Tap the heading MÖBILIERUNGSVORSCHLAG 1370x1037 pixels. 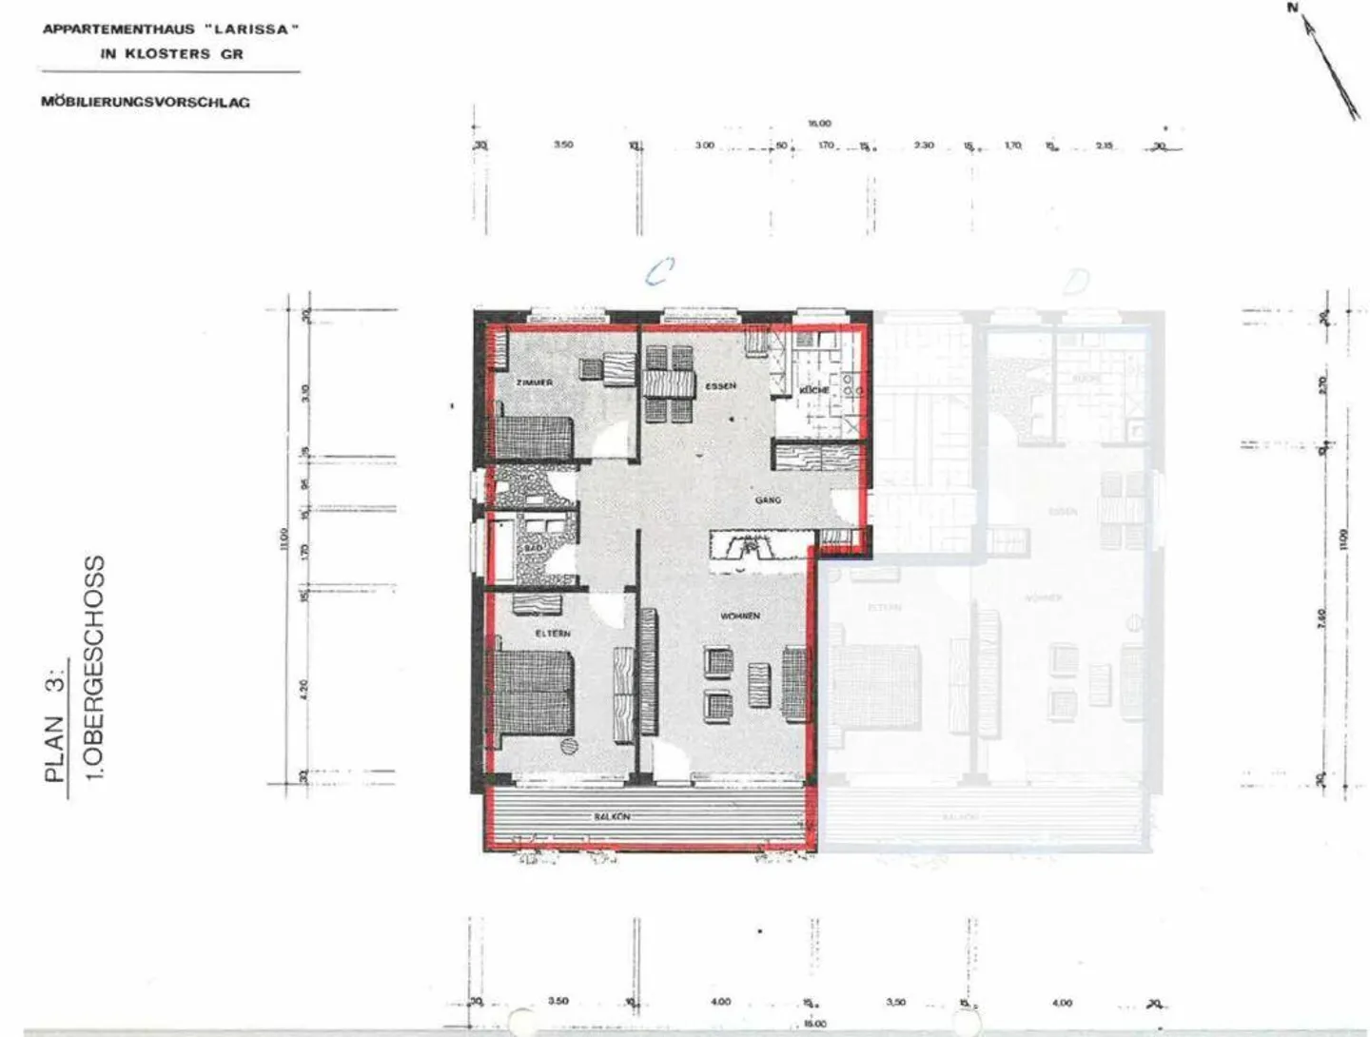146,102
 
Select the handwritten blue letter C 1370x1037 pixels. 657,273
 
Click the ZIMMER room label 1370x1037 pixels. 534,382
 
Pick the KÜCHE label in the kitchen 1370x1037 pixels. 814,390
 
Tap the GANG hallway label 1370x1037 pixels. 768,499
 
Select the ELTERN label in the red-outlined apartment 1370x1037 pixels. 553,633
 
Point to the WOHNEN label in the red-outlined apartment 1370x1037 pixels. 739,616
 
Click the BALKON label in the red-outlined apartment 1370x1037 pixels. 612,816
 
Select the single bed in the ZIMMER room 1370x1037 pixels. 534,436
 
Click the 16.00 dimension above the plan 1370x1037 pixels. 819,124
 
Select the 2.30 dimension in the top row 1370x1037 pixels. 923,146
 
